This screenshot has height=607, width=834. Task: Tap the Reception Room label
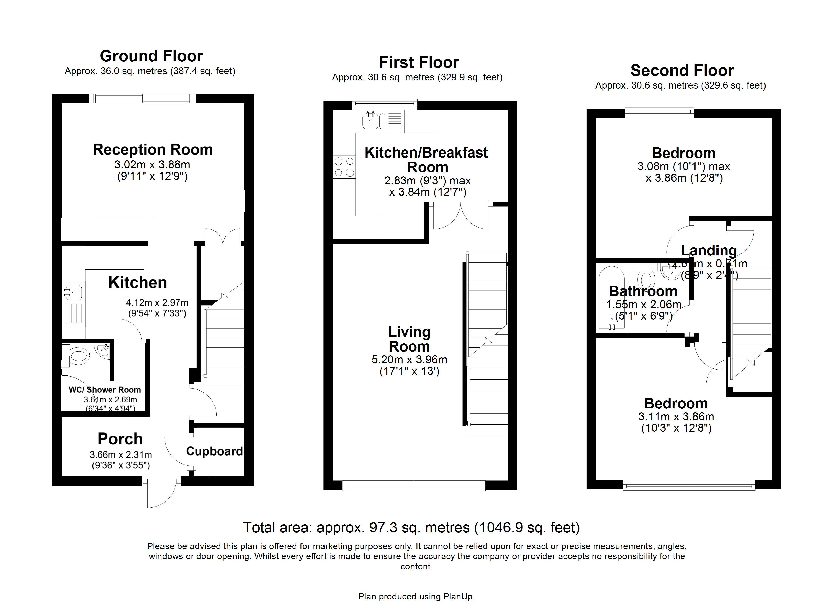point(153,150)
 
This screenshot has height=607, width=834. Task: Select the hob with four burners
point(344,167)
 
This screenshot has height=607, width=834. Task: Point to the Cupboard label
point(214,451)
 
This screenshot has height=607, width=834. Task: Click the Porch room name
point(120,439)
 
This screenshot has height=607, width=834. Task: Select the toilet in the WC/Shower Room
point(79,356)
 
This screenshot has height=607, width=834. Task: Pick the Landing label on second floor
point(709,250)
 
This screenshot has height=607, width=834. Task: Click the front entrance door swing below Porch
point(162,493)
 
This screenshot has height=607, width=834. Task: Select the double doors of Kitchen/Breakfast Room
point(460,217)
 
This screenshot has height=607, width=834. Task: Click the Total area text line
point(411,528)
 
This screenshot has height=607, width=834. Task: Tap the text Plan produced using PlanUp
point(416,596)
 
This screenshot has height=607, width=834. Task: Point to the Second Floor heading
point(682,70)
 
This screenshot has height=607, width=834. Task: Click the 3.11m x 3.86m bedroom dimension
point(676,417)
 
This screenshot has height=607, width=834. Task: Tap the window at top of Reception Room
point(142,98)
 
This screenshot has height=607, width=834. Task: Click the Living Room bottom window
point(414,487)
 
